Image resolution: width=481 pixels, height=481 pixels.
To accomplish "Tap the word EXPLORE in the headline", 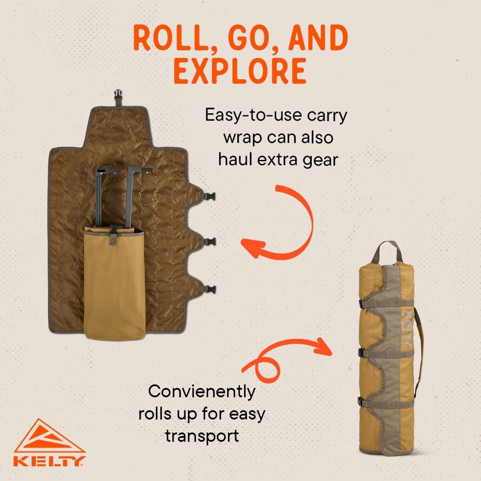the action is tap(240, 71).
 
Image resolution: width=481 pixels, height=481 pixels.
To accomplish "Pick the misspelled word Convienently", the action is tap(202, 392).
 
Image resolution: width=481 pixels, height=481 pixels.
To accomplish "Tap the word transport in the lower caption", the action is tap(202, 436).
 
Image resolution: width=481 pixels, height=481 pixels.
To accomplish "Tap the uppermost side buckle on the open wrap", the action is tap(210, 196).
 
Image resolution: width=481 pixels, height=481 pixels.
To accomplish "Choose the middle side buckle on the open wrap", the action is tap(210, 242).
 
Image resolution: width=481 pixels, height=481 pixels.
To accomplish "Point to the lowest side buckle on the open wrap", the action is tap(210, 289).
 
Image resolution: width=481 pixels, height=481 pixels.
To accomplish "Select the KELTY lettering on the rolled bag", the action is tap(409, 329).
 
